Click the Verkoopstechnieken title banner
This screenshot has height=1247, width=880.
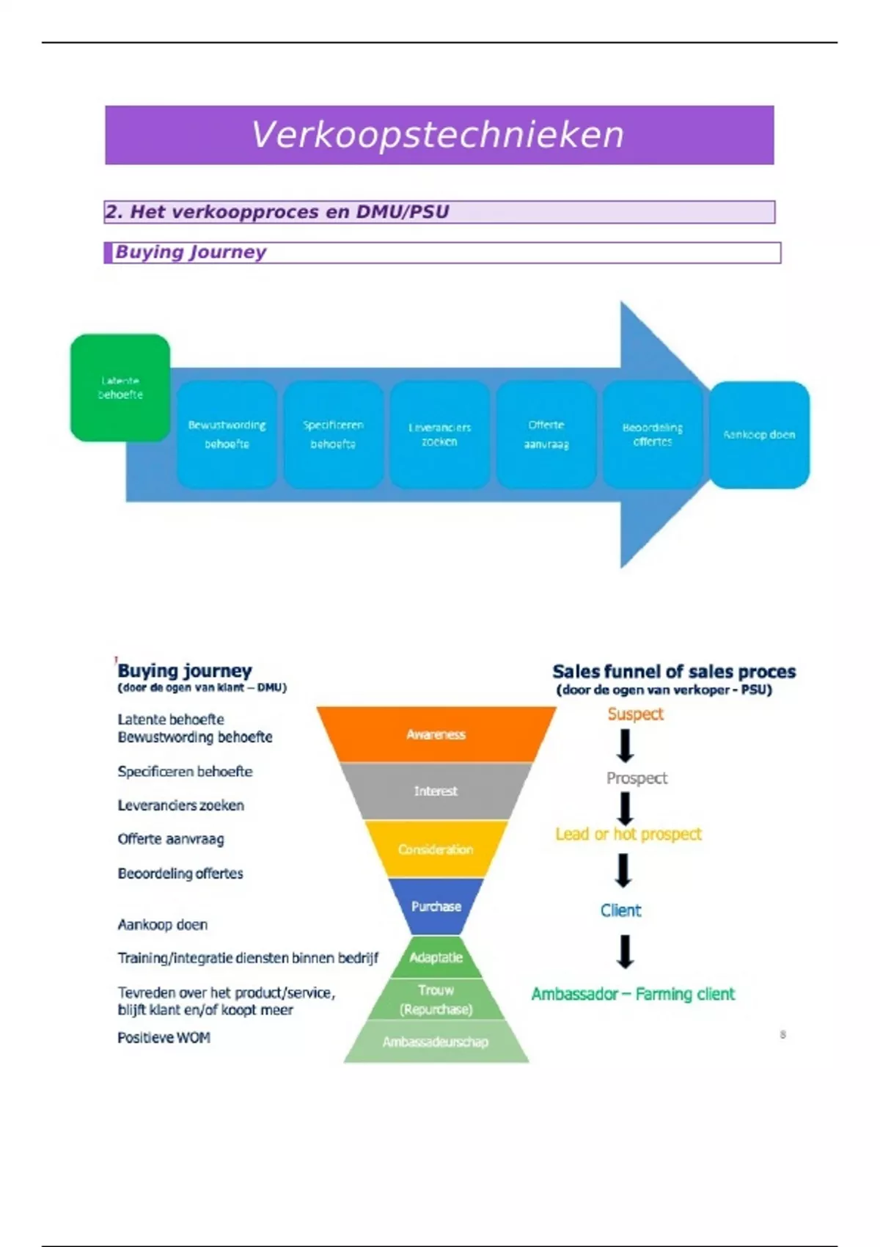[439, 135]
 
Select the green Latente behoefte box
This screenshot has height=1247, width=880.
[120, 388]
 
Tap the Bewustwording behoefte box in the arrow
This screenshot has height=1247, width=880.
[227, 434]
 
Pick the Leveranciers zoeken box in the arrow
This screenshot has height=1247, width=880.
[439, 434]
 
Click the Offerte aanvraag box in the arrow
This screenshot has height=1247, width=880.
[546, 434]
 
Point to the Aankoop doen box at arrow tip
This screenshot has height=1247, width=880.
[760, 434]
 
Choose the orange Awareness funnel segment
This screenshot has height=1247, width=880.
[436, 734]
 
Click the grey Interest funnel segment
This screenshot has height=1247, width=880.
[436, 791]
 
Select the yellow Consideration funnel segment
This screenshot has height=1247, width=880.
[436, 849]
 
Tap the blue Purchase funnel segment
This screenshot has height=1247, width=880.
[436, 906]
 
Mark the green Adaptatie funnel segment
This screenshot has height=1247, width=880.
[436, 957]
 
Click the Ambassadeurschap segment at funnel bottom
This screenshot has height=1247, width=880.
[436, 1042]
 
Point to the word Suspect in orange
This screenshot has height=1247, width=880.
[635, 714]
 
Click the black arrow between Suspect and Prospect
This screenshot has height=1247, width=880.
[625, 747]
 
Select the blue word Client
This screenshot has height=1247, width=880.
[620, 910]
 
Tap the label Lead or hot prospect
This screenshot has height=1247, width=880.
[628, 834]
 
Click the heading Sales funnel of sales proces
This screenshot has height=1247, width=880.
[673, 671]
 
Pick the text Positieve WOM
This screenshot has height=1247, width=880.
[164, 1037]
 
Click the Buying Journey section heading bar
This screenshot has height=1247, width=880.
[442, 252]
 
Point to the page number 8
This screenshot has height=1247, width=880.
[783, 1034]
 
